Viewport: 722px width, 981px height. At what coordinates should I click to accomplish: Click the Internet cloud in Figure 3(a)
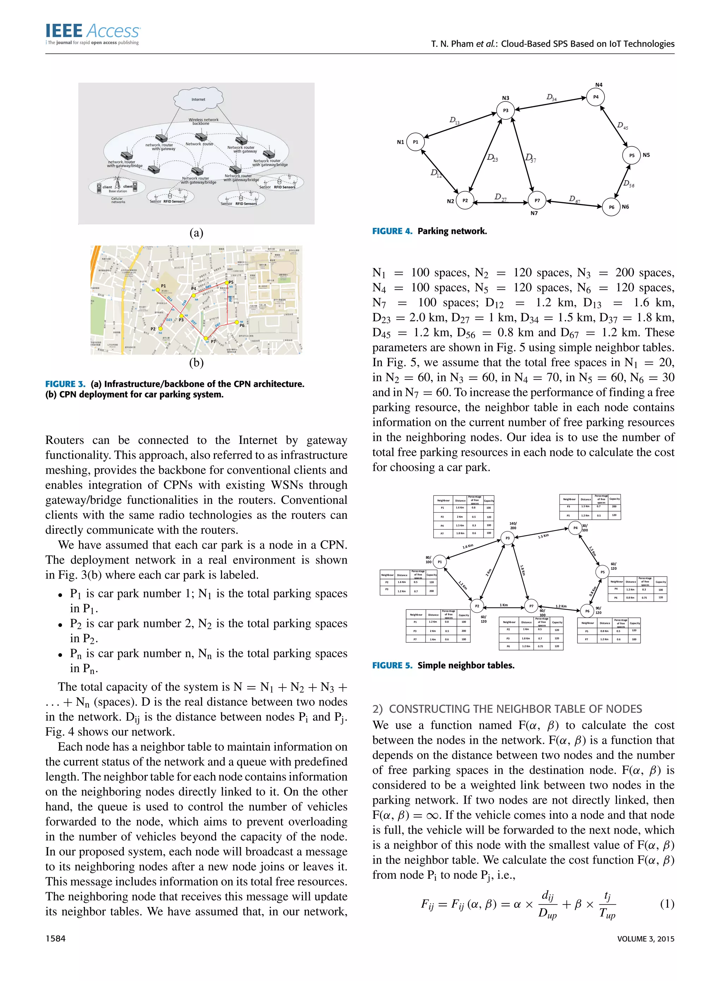(x=198, y=99)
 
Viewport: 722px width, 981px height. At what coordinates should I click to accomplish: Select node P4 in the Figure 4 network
(x=595, y=97)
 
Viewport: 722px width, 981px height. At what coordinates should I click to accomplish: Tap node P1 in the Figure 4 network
(x=415, y=142)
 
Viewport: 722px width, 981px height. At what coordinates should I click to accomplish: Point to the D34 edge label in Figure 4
(x=552, y=97)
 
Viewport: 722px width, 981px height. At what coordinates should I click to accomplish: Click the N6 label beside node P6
(x=625, y=206)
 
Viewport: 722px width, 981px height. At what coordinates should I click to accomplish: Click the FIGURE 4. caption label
(x=392, y=231)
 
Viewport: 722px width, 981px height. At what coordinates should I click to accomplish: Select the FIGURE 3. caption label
(x=65, y=384)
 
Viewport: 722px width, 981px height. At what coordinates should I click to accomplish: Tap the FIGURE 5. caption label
(x=392, y=665)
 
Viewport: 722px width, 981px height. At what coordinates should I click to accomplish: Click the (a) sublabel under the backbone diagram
(x=196, y=233)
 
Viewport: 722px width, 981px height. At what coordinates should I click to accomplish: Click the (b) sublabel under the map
(x=196, y=362)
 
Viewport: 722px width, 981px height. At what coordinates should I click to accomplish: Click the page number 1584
(x=55, y=939)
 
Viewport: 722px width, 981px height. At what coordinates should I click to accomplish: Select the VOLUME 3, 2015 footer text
(x=645, y=939)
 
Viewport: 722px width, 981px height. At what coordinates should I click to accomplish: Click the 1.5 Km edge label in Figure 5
(x=543, y=536)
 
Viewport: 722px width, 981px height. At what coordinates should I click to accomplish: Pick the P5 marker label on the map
(x=231, y=283)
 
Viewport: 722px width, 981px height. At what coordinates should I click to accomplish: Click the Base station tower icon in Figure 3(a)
(x=117, y=184)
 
